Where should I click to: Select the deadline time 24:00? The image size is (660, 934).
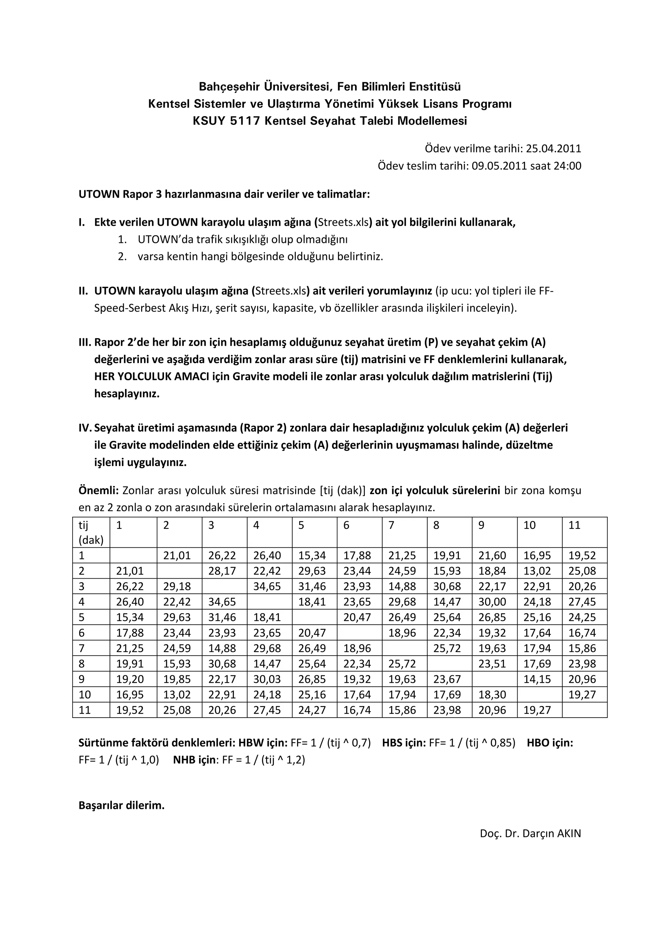[x=568, y=166]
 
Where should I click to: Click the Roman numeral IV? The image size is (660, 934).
[x=85, y=428]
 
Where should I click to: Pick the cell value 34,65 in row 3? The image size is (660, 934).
[x=267, y=587]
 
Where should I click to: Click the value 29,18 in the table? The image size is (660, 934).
[x=177, y=587]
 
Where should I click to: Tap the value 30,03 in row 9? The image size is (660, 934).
[x=267, y=679]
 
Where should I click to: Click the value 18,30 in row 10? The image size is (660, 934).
[x=492, y=695]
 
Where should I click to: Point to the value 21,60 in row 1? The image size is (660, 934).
[x=492, y=556]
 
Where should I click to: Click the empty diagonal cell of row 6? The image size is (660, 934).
[x=359, y=633]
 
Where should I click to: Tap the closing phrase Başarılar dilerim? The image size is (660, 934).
[x=121, y=805]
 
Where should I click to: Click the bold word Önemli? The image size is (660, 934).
[x=98, y=491]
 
